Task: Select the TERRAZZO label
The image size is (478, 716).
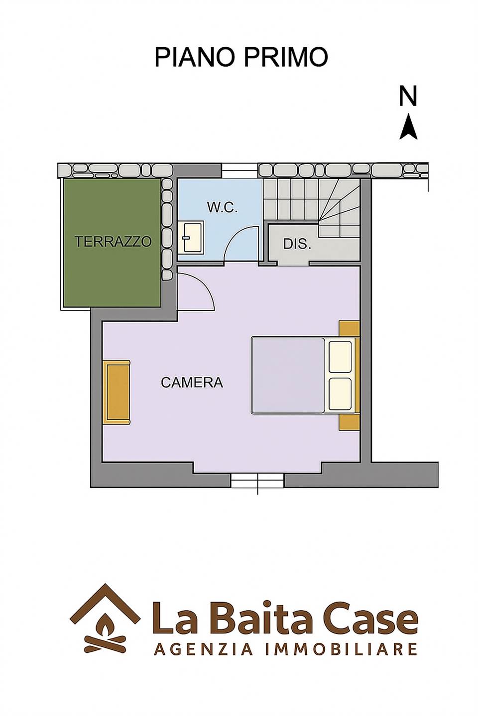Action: click(113, 241)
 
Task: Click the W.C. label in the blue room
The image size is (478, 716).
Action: click(223, 208)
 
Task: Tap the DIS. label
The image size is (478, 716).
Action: click(297, 244)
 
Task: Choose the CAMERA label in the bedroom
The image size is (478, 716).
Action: click(192, 382)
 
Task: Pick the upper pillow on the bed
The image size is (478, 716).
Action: click(340, 357)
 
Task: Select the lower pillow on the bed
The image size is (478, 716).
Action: click(340, 394)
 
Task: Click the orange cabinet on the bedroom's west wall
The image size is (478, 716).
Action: click(117, 392)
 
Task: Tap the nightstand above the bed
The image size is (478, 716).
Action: click(349, 329)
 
